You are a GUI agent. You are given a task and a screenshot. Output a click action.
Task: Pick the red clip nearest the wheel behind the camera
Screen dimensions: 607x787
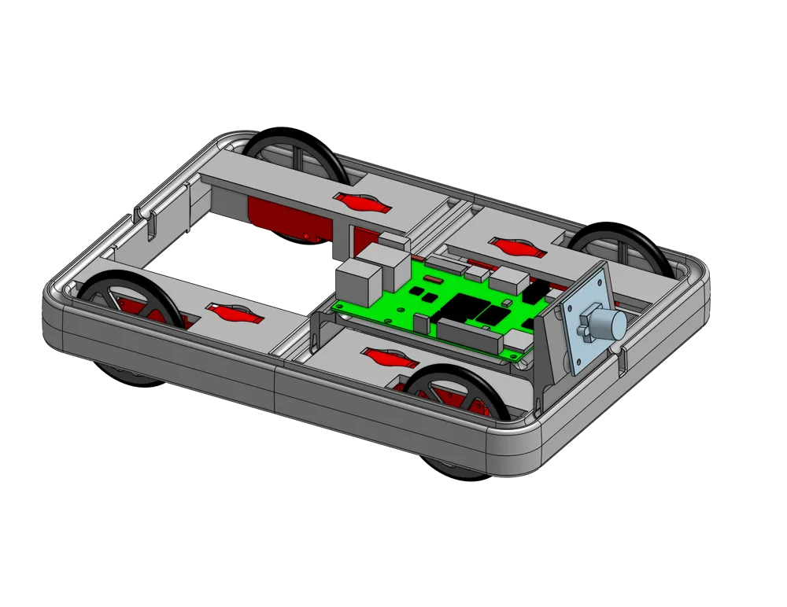[515, 248]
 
